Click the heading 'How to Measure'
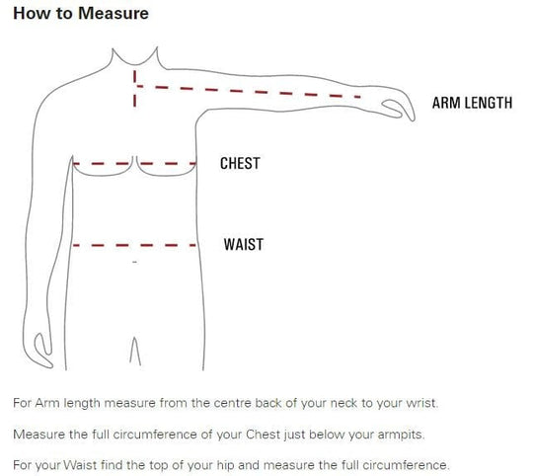tap(81, 13)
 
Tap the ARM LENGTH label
tap(472, 103)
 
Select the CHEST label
tap(240, 163)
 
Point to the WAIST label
tap(244, 245)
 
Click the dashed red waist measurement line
tap(134, 245)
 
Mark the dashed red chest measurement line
tap(134, 164)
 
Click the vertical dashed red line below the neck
tap(135, 89)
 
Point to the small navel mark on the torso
tap(135, 262)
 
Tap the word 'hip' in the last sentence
tap(225, 465)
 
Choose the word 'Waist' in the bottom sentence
tap(80, 465)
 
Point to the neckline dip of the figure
tap(135, 63)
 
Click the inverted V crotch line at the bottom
tap(135, 351)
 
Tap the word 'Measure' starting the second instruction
tap(38, 435)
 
